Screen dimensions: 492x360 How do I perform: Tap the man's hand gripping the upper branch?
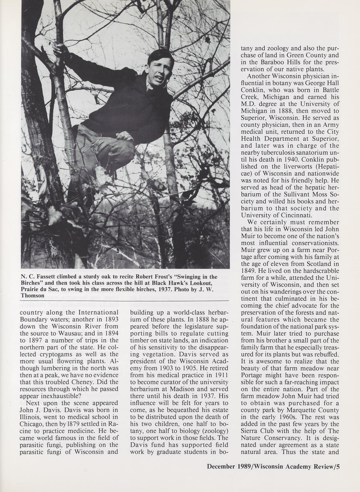point(59,50)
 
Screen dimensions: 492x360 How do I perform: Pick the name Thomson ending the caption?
point(33,296)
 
